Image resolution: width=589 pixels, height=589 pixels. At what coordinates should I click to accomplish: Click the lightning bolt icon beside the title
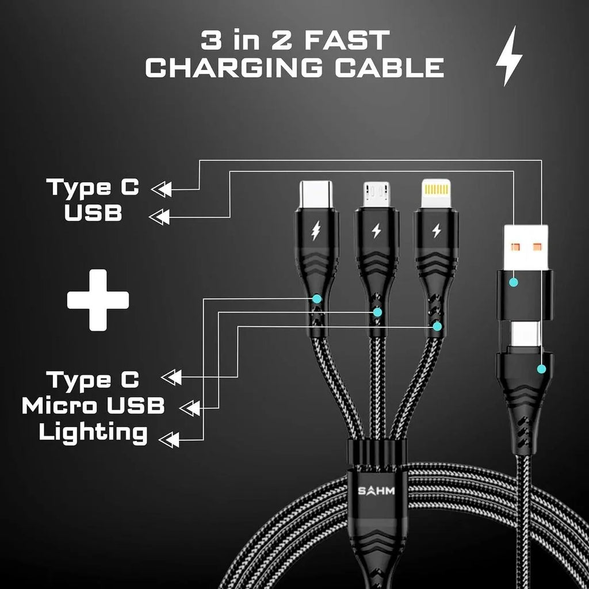point(509,56)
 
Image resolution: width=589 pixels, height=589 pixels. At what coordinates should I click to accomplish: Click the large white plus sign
point(98,300)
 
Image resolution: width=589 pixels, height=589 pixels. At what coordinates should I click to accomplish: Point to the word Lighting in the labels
point(93,433)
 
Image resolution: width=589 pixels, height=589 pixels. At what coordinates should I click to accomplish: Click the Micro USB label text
point(93,406)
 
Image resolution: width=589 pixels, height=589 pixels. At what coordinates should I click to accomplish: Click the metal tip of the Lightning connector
point(436,194)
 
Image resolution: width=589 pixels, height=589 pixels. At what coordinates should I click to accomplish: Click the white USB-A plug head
point(526,246)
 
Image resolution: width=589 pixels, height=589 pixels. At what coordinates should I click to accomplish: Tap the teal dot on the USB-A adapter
point(514,282)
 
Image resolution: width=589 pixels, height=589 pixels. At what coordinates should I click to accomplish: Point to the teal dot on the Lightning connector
point(437,326)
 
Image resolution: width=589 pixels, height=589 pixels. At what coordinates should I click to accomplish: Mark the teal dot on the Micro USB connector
point(377,312)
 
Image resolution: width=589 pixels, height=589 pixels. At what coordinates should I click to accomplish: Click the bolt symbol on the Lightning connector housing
point(436,231)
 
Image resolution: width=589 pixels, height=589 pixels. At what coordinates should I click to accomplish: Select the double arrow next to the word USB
point(159,217)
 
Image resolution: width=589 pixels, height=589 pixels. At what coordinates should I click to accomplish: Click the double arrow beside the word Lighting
point(169,440)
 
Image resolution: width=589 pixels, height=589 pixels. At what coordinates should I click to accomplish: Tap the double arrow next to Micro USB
point(190,408)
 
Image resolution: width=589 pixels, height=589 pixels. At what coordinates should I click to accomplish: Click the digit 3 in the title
point(210,41)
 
